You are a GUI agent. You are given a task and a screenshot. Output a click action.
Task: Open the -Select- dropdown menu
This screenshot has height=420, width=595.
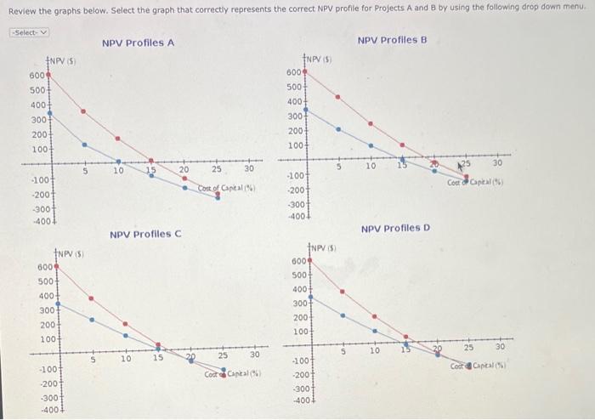[29, 32]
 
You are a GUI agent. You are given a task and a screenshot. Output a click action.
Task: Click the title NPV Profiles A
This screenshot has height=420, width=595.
[138, 43]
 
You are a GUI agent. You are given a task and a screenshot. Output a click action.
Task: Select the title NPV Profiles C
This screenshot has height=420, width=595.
[145, 234]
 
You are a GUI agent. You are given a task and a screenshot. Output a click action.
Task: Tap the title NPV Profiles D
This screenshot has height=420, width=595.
[395, 228]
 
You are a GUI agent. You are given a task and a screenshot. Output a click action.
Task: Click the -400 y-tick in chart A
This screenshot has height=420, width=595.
[38, 220]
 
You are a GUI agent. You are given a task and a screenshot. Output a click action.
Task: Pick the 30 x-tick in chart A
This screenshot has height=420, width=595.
[249, 170]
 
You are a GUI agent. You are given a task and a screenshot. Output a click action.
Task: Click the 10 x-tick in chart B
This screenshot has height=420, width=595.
[371, 166]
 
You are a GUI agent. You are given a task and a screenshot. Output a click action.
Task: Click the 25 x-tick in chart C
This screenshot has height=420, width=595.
[223, 355]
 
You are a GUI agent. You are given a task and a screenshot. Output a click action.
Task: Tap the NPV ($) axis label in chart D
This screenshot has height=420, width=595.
[324, 247]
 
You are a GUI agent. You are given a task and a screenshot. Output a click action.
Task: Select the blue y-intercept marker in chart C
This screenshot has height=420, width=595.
[58, 304]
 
